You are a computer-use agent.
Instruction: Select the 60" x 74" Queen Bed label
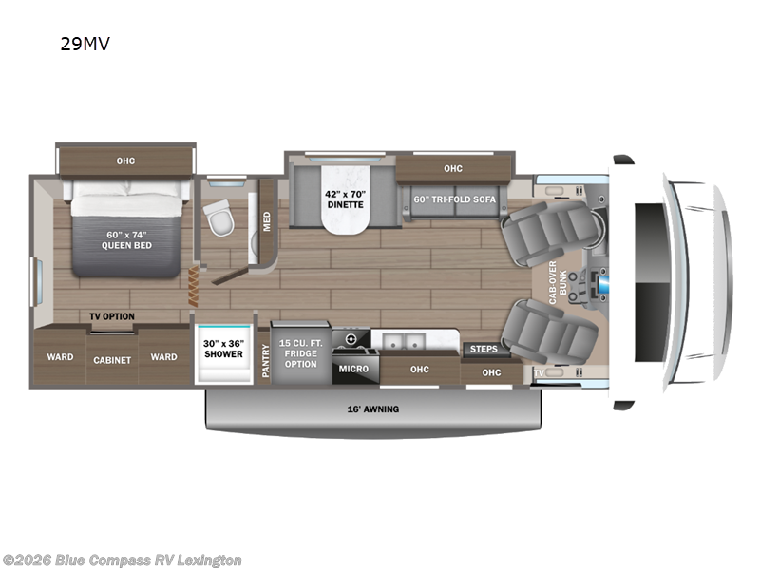click(x=126, y=238)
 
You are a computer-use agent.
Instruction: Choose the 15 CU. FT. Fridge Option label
click(x=301, y=350)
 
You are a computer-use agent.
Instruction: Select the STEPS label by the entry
click(x=484, y=349)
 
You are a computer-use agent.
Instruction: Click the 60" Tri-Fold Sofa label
click(x=454, y=199)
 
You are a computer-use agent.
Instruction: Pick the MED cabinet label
click(x=267, y=219)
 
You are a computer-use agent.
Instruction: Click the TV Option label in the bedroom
click(x=111, y=316)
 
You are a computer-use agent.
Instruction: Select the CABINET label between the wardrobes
click(x=111, y=360)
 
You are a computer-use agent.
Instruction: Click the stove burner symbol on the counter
click(x=351, y=339)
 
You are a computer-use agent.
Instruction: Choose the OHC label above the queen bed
click(x=125, y=161)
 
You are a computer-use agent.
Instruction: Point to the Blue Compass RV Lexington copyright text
click(x=123, y=560)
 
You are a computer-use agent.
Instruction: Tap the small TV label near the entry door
click(x=539, y=373)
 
